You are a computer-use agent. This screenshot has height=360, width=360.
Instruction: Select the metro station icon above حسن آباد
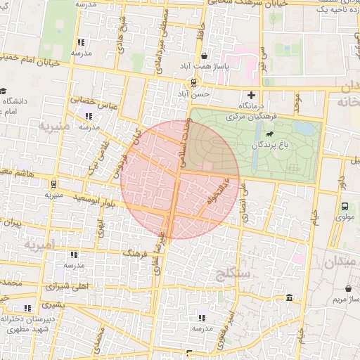click(x=193, y=81)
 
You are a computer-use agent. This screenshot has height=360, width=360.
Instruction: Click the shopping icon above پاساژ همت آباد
click(x=204, y=56)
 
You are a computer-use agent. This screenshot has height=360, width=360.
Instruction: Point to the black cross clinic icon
click(x=251, y=95)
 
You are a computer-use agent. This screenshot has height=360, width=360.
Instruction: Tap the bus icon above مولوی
click(x=344, y=207)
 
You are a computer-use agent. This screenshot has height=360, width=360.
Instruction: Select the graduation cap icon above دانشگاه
click(x=4, y=91)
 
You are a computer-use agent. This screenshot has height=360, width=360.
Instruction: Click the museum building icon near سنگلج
click(x=290, y=300)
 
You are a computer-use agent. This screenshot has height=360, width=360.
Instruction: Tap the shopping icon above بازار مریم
click(x=349, y=288)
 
